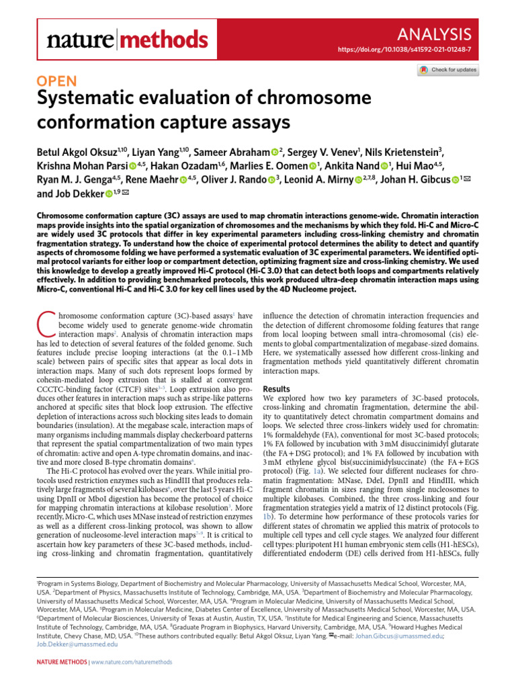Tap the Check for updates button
click(448, 70)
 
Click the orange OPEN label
click(59, 82)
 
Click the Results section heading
click(277, 390)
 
